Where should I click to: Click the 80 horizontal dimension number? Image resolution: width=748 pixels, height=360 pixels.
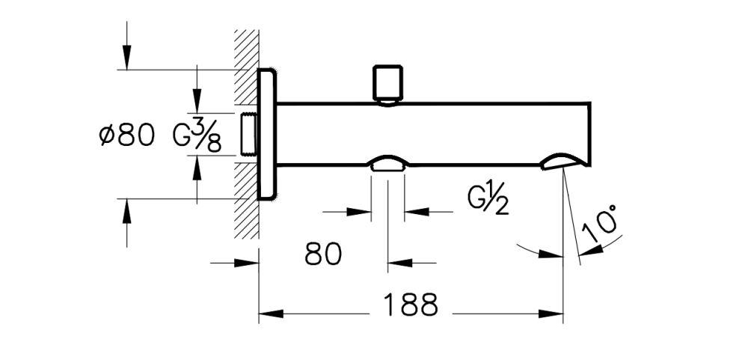click(x=323, y=254)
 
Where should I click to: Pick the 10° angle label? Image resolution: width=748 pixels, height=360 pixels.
click(x=603, y=224)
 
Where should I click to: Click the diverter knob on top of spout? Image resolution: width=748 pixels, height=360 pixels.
click(x=387, y=84)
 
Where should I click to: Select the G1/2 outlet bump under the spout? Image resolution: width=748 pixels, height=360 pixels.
click(x=387, y=165)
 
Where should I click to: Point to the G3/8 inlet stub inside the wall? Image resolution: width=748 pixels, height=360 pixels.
click(x=248, y=135)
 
